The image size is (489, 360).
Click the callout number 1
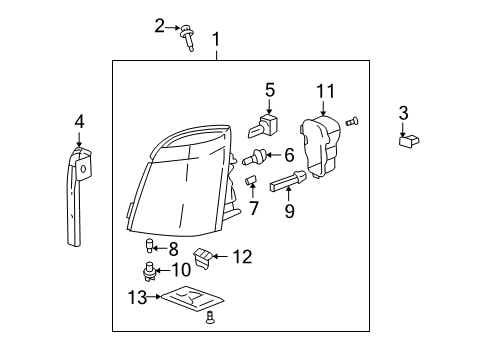(216, 39)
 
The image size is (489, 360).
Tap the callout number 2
(159, 26)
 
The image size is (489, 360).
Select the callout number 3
(403, 112)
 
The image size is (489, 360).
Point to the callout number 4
(79, 122)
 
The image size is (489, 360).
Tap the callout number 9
(290, 211)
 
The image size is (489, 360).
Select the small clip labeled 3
(405, 142)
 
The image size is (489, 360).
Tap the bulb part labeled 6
(260, 156)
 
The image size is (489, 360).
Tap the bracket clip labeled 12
(204, 259)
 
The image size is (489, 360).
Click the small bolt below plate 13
(209, 319)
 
